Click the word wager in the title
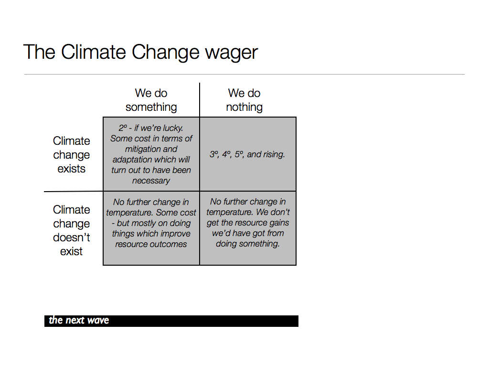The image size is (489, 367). click(231, 53)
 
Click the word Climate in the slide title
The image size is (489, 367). click(93, 52)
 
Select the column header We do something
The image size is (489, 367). click(151, 100)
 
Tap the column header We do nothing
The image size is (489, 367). click(244, 100)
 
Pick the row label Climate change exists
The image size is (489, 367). click(72, 155)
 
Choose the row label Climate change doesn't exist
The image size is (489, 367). click(72, 230)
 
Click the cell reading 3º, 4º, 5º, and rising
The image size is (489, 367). click(247, 154)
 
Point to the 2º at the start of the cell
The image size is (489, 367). click(123, 128)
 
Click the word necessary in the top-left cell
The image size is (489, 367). click(151, 181)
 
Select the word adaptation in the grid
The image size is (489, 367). click(136, 160)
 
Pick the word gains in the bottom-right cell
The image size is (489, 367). click(279, 223)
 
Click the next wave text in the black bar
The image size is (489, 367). click(79, 320)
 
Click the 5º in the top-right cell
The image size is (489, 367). click(239, 154)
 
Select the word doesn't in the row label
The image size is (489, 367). click(72, 237)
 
